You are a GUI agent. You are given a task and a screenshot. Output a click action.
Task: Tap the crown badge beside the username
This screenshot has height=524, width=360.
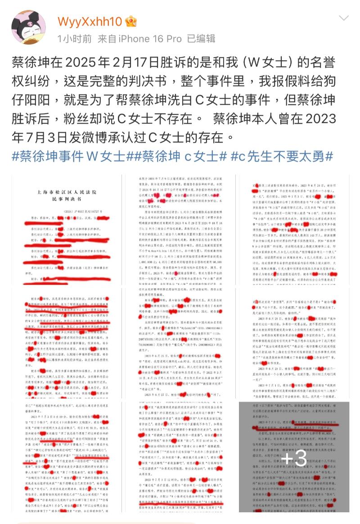130,21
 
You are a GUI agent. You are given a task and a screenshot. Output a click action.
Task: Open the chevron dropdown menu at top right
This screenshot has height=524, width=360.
343,18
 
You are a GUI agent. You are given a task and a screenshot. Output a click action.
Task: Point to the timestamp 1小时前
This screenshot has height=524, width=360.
74,39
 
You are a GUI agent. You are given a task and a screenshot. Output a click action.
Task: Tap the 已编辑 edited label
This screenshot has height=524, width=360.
201,39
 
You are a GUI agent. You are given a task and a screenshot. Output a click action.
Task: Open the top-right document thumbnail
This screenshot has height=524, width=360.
294,230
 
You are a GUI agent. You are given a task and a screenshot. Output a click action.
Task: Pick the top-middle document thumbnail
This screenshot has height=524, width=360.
180,230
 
